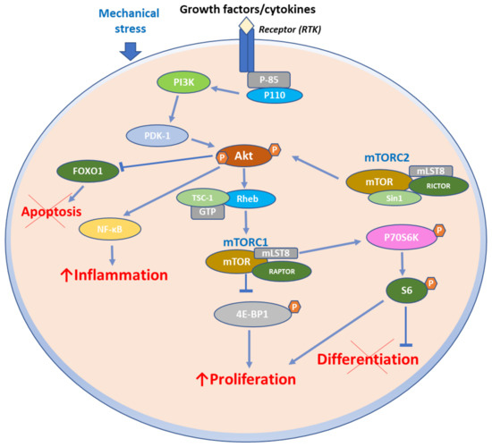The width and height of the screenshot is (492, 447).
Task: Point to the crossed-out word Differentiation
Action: tap(369, 358)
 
